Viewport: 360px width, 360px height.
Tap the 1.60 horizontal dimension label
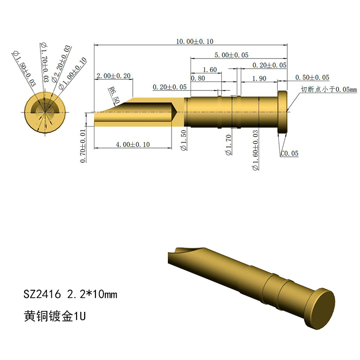point(210,70)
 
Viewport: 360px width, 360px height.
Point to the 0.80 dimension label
point(198,78)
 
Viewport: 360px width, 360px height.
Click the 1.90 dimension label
point(259,78)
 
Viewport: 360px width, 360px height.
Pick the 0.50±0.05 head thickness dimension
point(312,77)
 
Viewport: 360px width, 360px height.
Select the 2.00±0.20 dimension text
point(113,76)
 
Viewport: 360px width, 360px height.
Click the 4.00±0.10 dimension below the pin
point(133,144)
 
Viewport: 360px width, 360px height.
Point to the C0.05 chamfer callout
point(289,153)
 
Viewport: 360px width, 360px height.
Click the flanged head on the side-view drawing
point(282,111)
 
